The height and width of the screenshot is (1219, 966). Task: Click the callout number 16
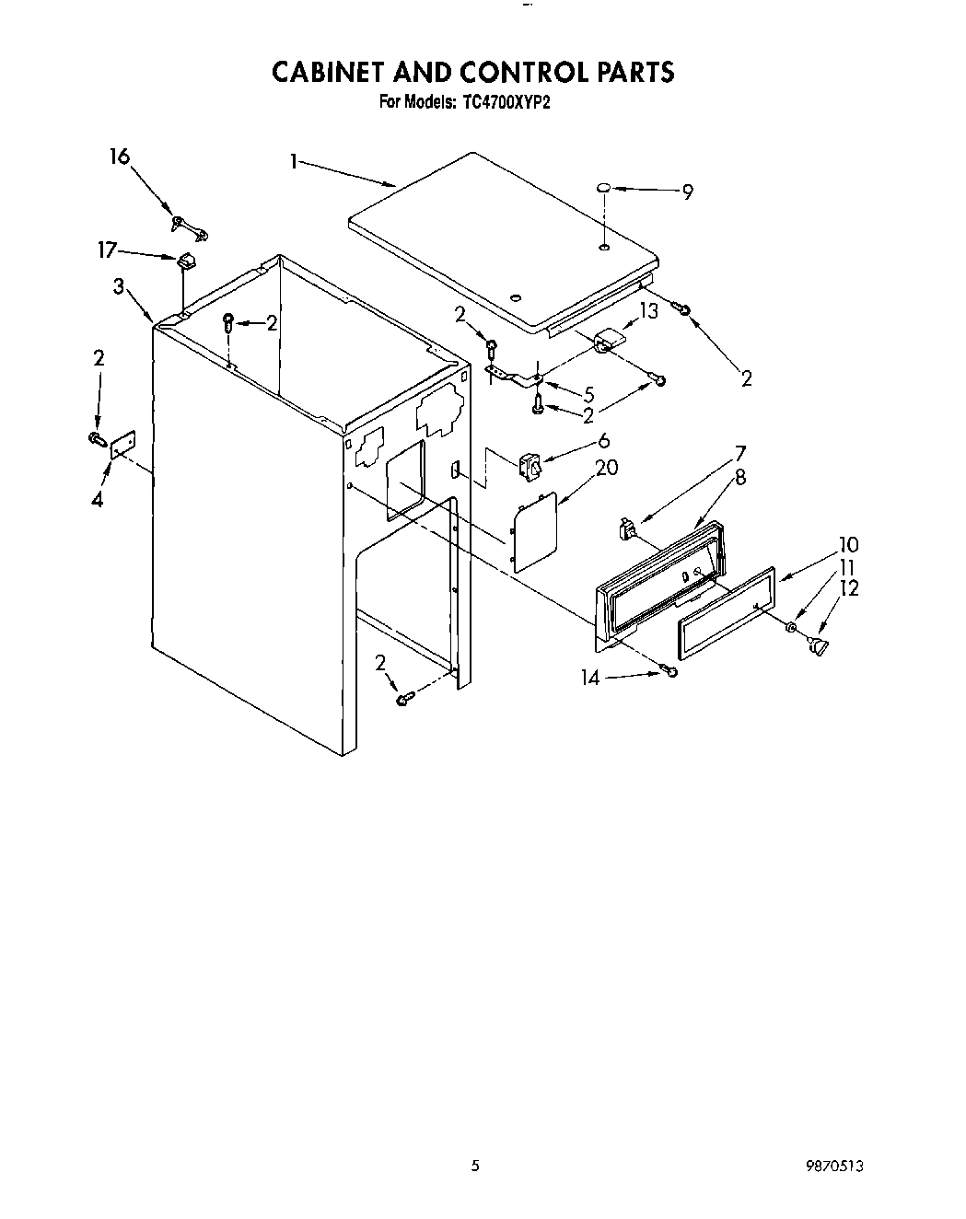[120, 157]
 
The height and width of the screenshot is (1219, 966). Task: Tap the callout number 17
[108, 249]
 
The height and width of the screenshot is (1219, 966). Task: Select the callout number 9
[687, 192]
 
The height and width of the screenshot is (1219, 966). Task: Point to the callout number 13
[649, 311]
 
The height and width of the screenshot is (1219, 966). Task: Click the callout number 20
[606, 468]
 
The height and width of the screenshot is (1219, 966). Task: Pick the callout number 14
[589, 679]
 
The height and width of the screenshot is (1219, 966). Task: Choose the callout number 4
[98, 500]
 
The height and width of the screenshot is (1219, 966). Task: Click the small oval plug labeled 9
[602, 189]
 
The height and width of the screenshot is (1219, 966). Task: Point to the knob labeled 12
[816, 648]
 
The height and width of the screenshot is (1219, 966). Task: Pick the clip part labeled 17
[187, 261]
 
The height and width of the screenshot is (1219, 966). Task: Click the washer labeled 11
[791, 628]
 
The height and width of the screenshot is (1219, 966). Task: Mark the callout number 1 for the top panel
[293, 162]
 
